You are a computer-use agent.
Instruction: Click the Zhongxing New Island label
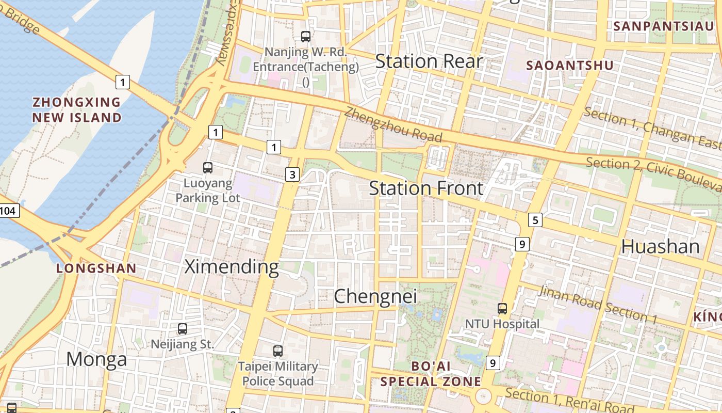(x=77, y=110)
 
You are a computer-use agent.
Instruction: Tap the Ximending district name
(x=232, y=267)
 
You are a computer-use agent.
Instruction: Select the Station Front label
(x=426, y=188)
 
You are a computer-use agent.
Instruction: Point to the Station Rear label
(x=429, y=61)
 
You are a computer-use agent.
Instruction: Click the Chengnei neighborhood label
(x=375, y=297)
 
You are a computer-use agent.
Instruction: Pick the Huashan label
(x=660, y=247)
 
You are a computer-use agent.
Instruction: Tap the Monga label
(x=96, y=359)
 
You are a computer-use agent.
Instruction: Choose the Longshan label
(x=96, y=268)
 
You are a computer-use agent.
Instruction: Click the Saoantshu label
(x=570, y=66)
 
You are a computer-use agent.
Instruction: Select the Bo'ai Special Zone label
(x=431, y=374)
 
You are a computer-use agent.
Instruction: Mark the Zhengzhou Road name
(x=394, y=125)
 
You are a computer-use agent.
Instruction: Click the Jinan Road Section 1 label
(x=598, y=305)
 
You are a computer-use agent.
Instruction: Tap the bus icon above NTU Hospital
(x=502, y=309)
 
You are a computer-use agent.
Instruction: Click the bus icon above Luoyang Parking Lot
(x=208, y=168)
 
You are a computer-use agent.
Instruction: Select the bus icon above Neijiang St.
(x=182, y=329)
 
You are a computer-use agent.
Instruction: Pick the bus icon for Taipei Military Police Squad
(x=278, y=351)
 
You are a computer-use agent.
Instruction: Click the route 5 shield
(x=535, y=220)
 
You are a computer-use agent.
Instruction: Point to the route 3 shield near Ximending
(x=292, y=174)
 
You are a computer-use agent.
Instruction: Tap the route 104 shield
(x=9, y=211)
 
